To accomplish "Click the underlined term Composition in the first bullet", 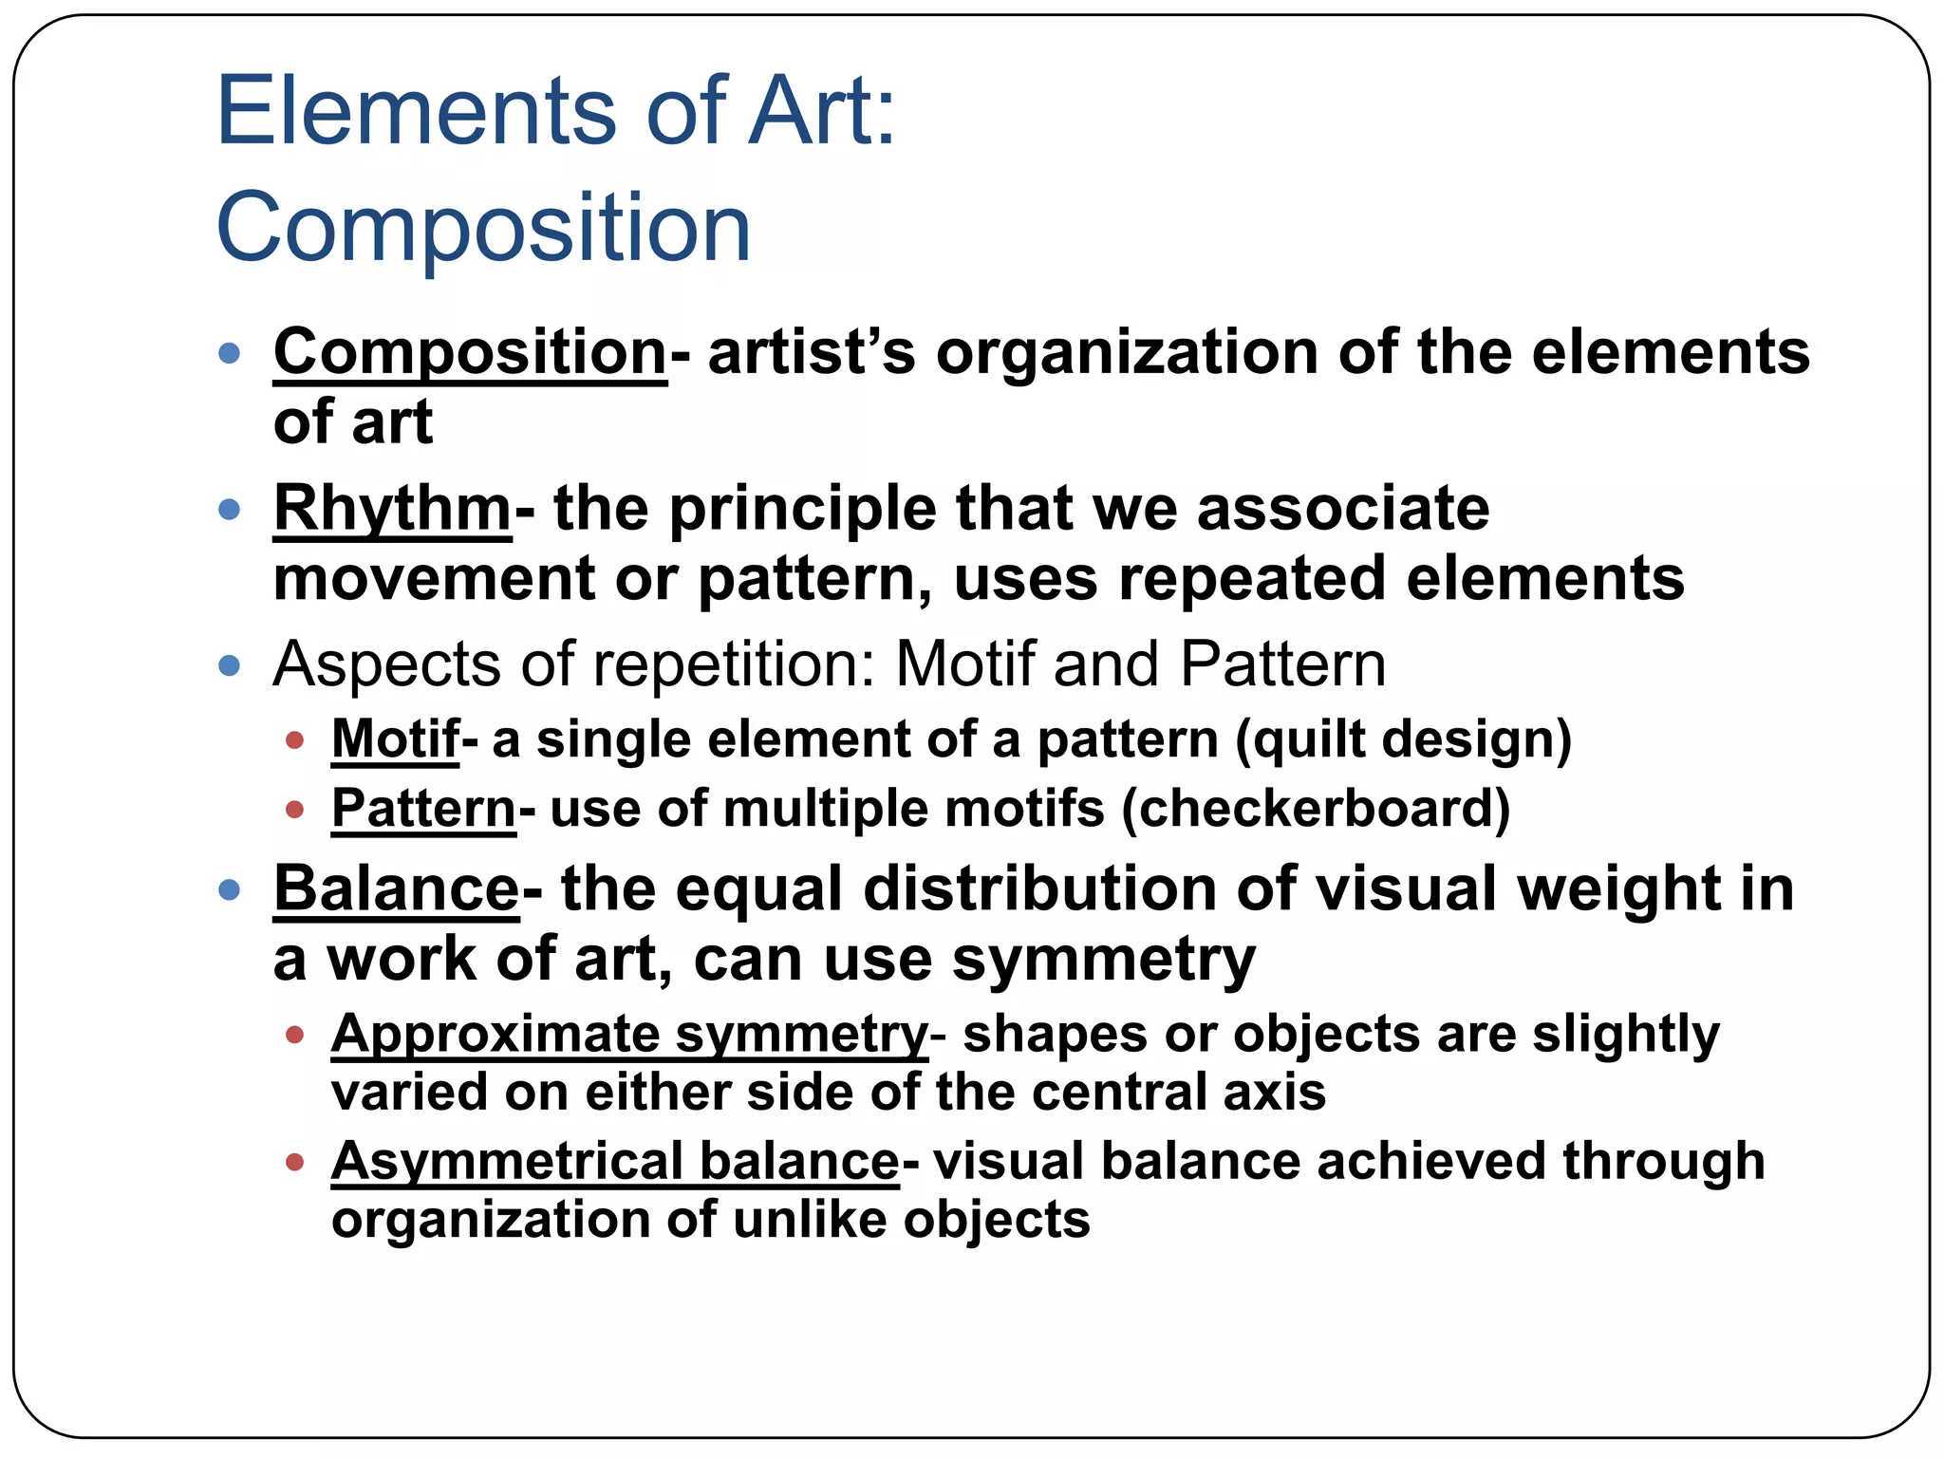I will click(470, 353).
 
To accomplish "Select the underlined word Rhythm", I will click(392, 510).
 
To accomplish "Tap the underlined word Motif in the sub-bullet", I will click(395, 739).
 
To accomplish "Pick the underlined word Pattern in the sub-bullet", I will click(422, 810).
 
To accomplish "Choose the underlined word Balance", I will click(396, 889).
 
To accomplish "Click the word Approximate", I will click(495, 1034).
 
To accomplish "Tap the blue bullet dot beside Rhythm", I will click(229, 510).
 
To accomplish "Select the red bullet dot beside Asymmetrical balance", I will click(294, 1162).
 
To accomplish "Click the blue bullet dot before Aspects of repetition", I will click(229, 664).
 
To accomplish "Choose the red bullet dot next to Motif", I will click(294, 740).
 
